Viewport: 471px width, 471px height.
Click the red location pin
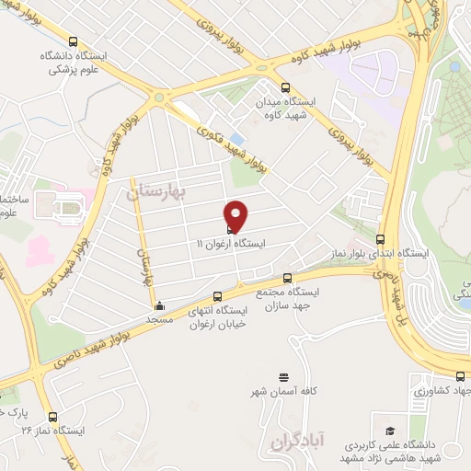(237, 215)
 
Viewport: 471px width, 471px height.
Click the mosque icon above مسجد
(160, 306)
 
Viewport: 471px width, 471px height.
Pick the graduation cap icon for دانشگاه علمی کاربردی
(390, 431)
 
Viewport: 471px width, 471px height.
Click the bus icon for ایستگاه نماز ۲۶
(52, 416)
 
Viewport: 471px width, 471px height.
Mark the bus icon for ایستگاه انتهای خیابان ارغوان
(218, 296)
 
